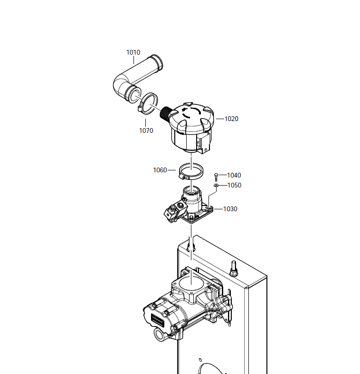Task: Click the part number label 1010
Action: click(x=133, y=52)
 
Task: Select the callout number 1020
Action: click(x=231, y=119)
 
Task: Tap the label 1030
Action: click(x=230, y=209)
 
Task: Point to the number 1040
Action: click(x=234, y=175)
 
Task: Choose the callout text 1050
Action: click(x=234, y=185)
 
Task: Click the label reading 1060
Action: click(x=160, y=170)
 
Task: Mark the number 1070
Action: click(x=146, y=131)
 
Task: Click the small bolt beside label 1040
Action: click(x=216, y=177)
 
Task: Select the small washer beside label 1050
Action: click(x=216, y=185)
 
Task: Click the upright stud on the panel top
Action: click(x=234, y=269)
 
